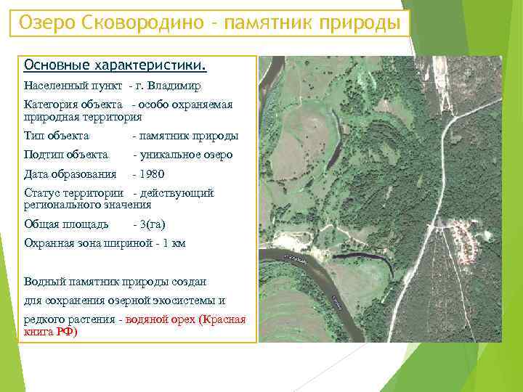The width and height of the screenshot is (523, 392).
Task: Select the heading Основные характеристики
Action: tap(115, 66)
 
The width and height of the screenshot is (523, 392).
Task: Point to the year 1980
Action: tap(153, 174)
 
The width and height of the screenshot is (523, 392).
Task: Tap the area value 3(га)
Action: tap(154, 224)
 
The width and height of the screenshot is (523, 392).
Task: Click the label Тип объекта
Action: tap(57, 136)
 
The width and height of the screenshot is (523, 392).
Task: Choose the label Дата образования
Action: tap(70, 174)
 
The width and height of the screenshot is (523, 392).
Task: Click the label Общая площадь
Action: tap(66, 224)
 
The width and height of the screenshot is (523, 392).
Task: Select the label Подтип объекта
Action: tap(66, 155)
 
